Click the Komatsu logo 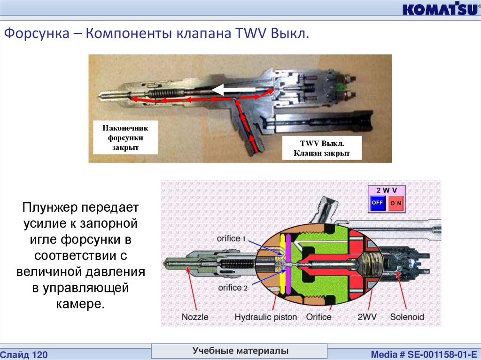(439, 9)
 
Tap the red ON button (396, 203)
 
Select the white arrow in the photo (233, 89)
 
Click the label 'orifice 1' (232, 238)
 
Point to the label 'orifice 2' (232, 287)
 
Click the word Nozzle (195, 317)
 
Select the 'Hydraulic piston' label (266, 317)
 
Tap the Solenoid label (407, 317)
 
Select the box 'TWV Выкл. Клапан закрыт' (322, 148)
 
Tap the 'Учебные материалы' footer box (240, 351)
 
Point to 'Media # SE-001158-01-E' (423, 354)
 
